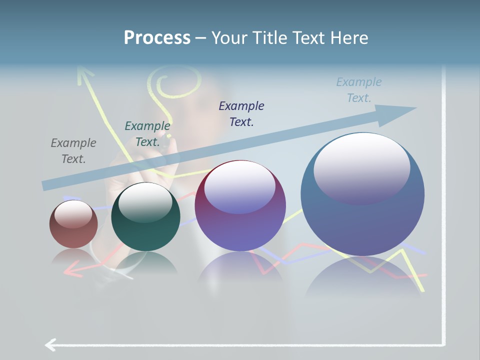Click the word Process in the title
(157, 37)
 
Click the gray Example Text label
(73, 151)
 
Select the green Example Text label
(147, 134)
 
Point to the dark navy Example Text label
(241, 113)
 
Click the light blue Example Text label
(359, 90)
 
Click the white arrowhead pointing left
(50, 344)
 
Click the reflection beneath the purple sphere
(240, 270)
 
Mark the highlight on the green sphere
(145, 201)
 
